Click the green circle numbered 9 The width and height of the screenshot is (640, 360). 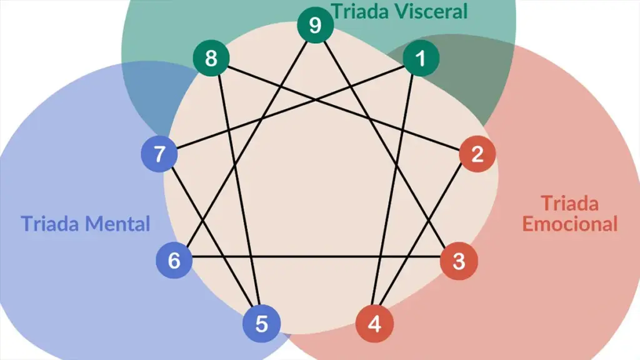pos(315,26)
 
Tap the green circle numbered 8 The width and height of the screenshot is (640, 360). pos(211,59)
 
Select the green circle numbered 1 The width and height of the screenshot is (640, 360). pos(421,59)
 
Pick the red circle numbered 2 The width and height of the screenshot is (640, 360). pos(477,154)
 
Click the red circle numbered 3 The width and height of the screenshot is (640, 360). pos(459,261)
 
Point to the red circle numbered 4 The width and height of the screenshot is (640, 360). pos(374,324)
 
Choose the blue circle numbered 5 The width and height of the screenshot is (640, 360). pos(262,324)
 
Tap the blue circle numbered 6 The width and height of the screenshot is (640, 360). pos(174,260)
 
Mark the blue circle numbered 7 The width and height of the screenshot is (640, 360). pos(160,154)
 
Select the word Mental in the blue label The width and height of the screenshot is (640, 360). pos(119,223)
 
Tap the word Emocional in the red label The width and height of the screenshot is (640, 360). pos(569,223)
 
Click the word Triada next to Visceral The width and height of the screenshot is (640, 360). pos(358,11)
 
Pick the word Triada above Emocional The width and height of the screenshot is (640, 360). pos(569,203)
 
